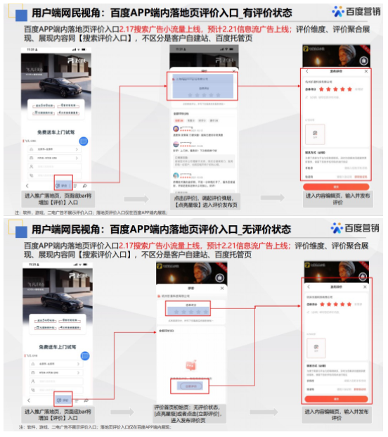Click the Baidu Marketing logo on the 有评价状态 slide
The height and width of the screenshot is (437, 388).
pyautogui.click(x=356, y=11)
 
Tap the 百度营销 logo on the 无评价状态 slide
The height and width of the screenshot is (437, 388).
pyautogui.click(x=356, y=229)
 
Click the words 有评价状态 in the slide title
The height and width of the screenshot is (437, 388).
pyautogui.click(x=262, y=13)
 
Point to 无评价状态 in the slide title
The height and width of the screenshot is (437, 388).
pyautogui.click(x=262, y=229)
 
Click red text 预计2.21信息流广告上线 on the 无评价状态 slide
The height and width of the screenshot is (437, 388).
pyautogui.click(x=249, y=246)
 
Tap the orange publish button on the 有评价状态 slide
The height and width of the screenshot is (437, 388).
pyautogui.click(x=335, y=186)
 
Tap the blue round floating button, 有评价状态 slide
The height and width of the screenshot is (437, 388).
pyautogui.click(x=83, y=141)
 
